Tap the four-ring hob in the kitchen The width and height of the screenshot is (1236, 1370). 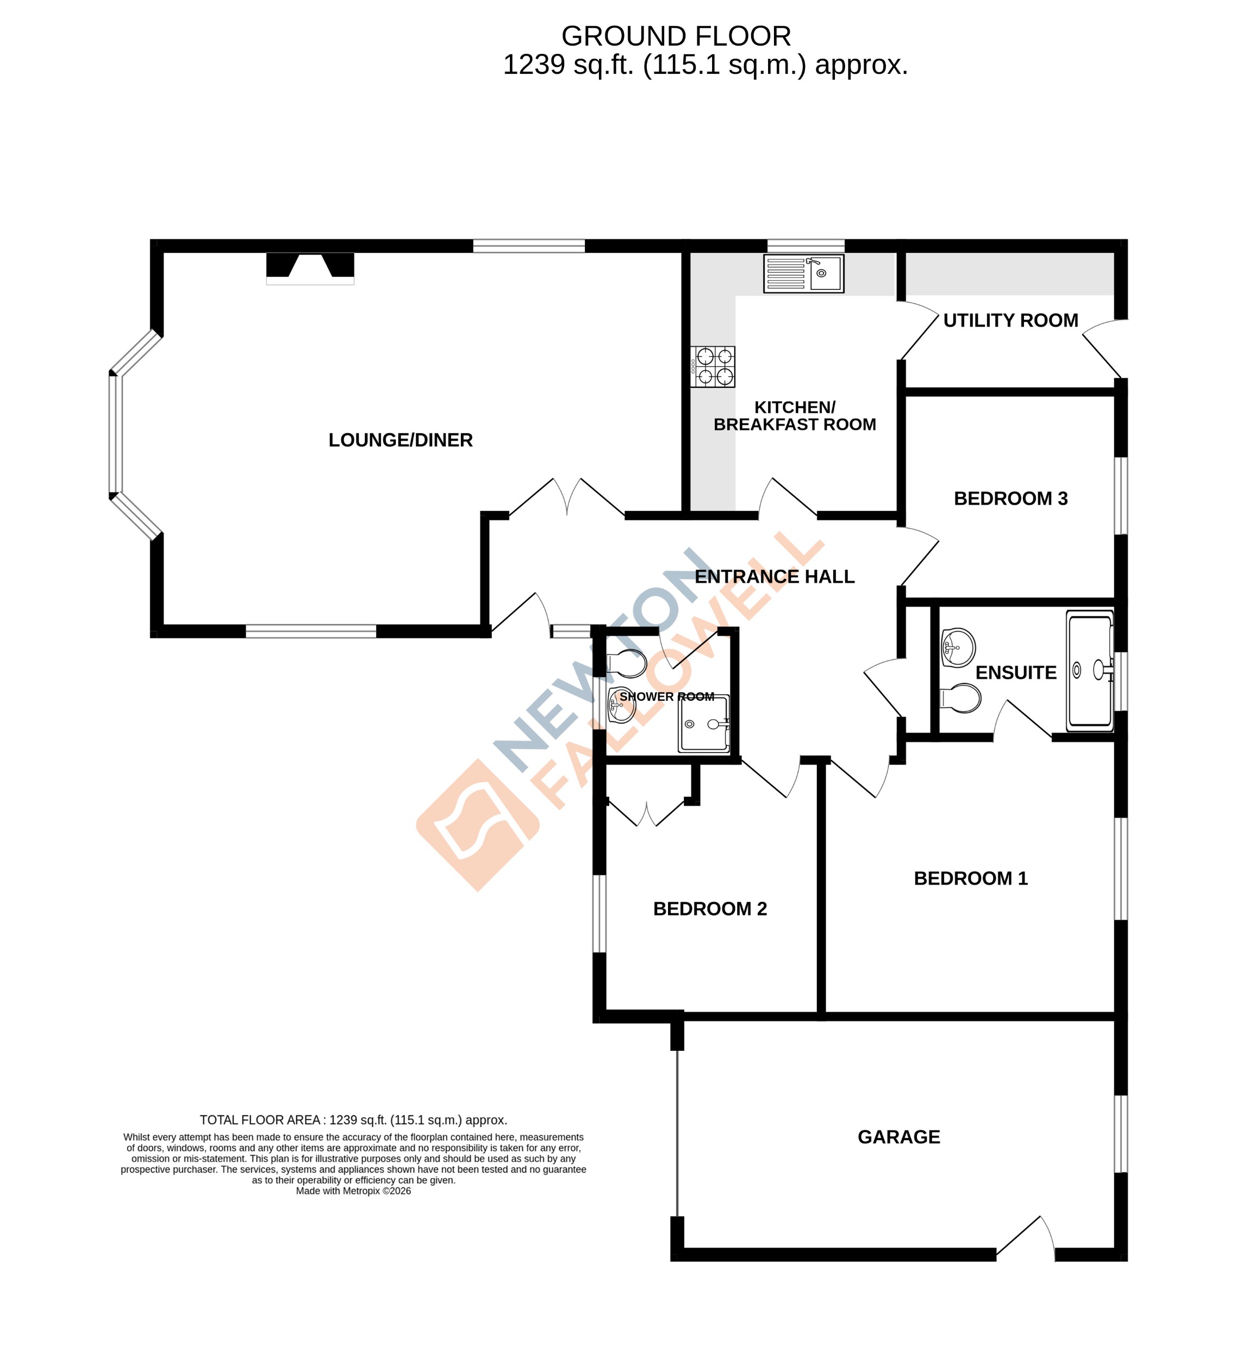(713, 367)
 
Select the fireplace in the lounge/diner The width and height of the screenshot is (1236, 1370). (310, 267)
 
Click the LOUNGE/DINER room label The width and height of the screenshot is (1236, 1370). (400, 440)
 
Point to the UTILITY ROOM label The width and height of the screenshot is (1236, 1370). (1010, 321)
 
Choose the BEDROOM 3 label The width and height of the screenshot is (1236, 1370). (1010, 499)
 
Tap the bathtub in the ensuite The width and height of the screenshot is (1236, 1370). (1089, 671)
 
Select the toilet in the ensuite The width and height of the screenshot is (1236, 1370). (960, 698)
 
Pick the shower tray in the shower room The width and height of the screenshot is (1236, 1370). (703, 724)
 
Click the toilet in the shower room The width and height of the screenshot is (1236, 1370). (626, 664)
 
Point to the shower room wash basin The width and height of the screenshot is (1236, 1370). (621, 705)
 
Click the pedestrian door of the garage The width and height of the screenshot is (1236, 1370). (1026, 1236)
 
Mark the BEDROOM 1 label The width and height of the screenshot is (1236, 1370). (970, 878)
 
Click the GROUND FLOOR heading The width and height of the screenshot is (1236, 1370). (676, 36)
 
